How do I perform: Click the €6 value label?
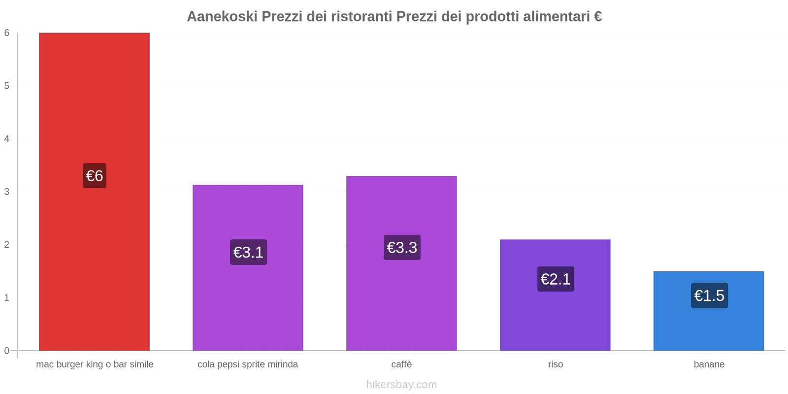(94, 176)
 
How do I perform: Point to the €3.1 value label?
(248, 252)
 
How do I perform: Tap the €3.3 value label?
(402, 247)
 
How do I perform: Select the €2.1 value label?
(556, 279)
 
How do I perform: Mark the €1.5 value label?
(709, 295)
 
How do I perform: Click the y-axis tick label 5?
(7, 86)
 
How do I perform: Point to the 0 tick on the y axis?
(7, 351)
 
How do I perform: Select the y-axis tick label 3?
(7, 192)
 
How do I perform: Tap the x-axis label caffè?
(401, 364)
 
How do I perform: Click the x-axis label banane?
(709, 364)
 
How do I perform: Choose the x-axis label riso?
(555, 364)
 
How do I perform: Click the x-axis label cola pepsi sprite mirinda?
(248, 364)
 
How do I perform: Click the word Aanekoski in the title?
(222, 17)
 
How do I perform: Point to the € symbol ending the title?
(597, 17)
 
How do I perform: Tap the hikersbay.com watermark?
(401, 385)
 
